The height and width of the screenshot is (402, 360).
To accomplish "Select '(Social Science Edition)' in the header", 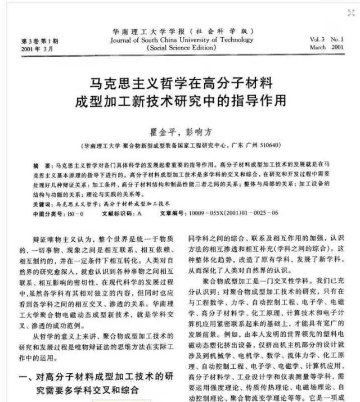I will [x=181, y=48].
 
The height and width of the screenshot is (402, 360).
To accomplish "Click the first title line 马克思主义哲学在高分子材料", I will [x=182, y=85].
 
